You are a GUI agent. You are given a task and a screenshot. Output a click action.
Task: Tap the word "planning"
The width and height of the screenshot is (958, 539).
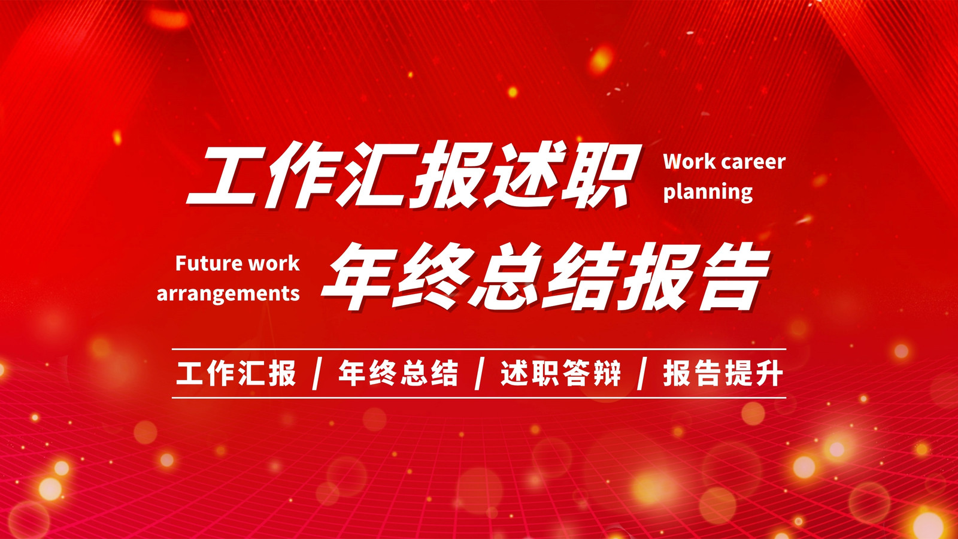708,192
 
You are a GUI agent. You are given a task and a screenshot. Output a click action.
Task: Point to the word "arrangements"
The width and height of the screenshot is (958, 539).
228,294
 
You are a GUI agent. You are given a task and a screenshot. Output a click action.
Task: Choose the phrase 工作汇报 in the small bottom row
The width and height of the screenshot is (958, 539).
236,374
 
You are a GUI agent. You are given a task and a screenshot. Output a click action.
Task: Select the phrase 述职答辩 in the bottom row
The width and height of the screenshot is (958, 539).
560,374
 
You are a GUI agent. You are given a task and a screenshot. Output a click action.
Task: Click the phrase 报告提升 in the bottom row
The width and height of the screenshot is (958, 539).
723,374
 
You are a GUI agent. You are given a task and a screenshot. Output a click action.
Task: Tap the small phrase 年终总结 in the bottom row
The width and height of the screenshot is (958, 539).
398,374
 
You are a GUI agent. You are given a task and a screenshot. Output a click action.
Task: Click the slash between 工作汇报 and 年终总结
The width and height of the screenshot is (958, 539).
317,374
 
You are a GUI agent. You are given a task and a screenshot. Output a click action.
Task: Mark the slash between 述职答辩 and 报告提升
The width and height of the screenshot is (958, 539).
641,374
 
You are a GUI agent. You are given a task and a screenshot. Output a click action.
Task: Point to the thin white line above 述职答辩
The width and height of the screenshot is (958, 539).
479,350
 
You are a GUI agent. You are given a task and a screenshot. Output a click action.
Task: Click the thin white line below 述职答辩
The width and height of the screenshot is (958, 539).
479,398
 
